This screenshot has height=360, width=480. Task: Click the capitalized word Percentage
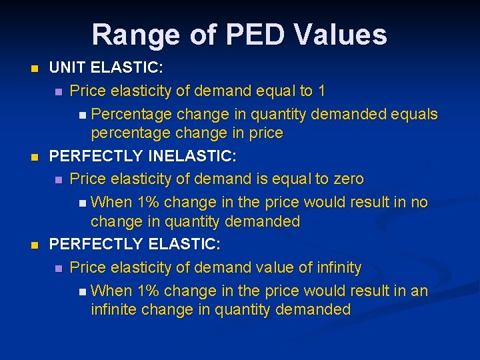click(131, 114)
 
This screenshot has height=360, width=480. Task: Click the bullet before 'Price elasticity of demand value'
click(59, 268)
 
